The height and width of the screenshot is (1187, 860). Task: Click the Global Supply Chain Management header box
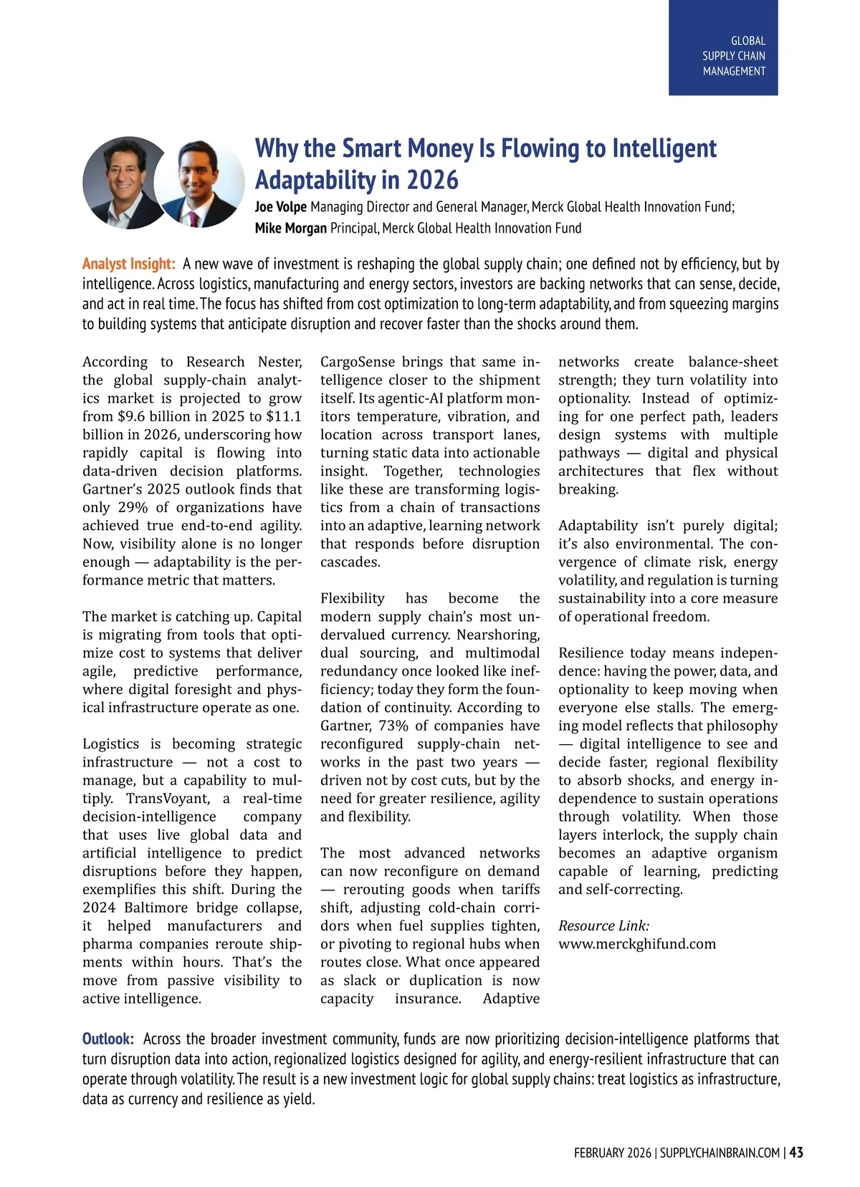(x=723, y=48)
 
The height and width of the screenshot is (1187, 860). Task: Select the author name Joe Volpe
(x=280, y=207)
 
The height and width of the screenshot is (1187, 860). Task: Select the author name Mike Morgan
(x=290, y=229)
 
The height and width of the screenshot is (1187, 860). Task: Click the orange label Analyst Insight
(x=128, y=264)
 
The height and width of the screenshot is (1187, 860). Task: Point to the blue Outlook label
(x=107, y=1039)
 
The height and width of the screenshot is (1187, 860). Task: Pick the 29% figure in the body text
(x=133, y=507)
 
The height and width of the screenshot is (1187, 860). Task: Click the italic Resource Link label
(x=603, y=926)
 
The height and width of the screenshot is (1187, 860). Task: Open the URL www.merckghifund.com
(x=636, y=944)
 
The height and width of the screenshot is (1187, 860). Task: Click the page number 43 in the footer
(x=795, y=1153)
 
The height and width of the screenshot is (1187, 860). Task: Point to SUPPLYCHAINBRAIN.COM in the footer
(x=719, y=1153)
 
